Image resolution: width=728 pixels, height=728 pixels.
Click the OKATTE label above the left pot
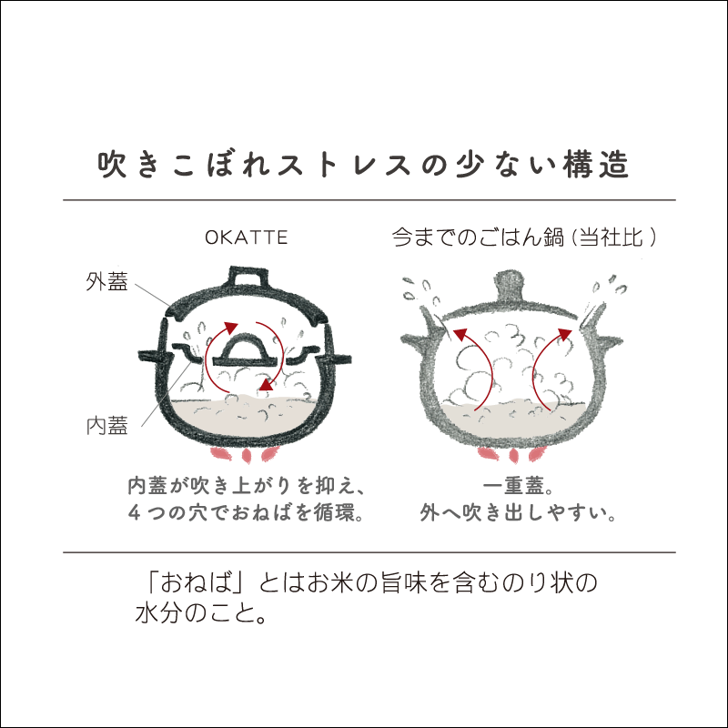[246, 238]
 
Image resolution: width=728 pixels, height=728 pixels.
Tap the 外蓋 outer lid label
[106, 282]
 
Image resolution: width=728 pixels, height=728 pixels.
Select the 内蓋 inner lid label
[106, 426]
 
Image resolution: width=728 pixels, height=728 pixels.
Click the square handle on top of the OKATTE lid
[246, 278]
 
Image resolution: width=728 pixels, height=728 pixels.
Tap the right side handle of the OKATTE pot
[336, 359]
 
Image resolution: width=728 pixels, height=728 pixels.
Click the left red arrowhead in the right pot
[460, 334]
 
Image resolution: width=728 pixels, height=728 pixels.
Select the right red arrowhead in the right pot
[565, 334]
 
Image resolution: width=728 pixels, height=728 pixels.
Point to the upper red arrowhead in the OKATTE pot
[231, 328]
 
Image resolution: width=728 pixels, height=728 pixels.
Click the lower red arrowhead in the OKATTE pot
[265, 384]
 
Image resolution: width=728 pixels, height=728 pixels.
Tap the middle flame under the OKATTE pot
[246, 456]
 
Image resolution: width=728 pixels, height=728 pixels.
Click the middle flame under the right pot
[513, 456]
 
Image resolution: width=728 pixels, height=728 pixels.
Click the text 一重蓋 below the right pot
[513, 486]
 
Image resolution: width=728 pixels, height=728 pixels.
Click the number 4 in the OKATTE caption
[134, 512]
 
